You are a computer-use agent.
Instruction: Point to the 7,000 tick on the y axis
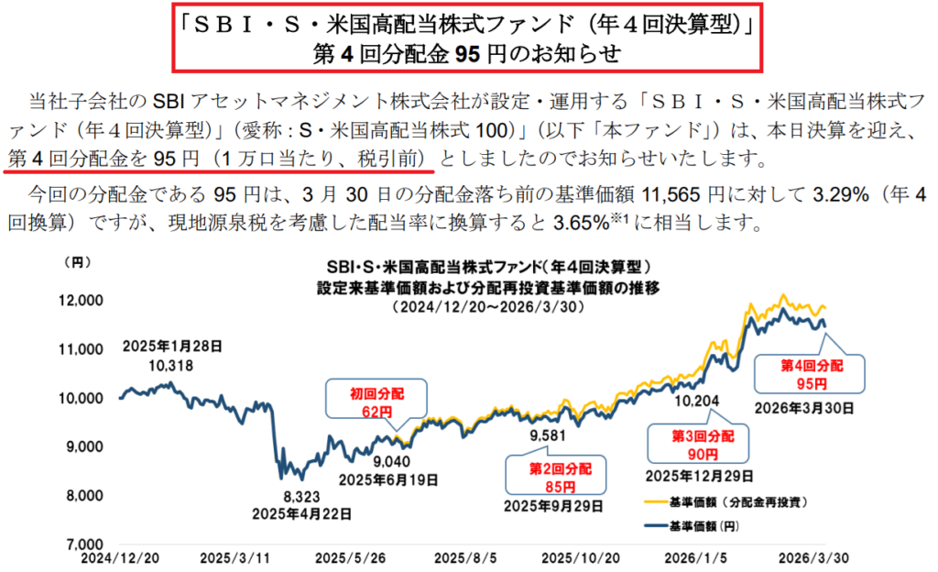click(88, 544)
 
